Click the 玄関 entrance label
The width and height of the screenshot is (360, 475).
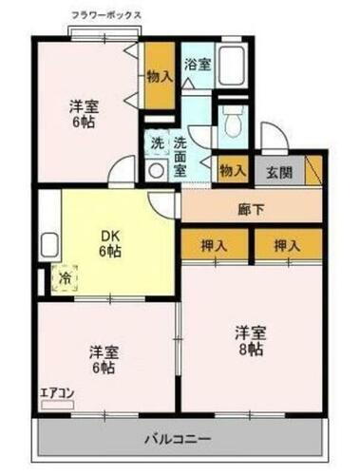[x=278, y=172]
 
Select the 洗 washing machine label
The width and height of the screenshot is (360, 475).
[x=158, y=143]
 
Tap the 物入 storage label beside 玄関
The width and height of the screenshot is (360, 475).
[x=233, y=171]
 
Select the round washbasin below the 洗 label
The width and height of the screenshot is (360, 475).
[x=156, y=171]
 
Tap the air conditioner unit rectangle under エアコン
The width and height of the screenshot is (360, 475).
[x=56, y=403]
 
